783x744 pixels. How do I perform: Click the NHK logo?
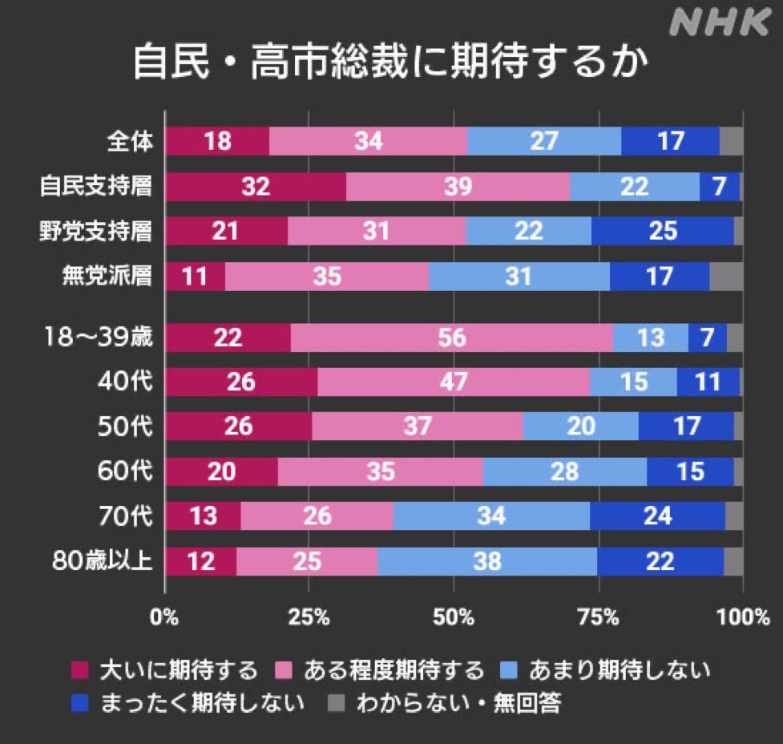(x=718, y=23)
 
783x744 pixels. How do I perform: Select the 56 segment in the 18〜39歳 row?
(x=451, y=338)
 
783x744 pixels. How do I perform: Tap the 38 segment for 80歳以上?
(x=486, y=561)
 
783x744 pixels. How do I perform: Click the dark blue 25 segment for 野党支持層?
(x=662, y=231)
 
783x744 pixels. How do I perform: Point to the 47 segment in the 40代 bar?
(x=453, y=382)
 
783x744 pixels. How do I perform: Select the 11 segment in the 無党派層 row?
(x=195, y=276)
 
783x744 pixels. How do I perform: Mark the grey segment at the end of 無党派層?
(x=726, y=276)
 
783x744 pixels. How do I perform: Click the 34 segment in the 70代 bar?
(x=491, y=516)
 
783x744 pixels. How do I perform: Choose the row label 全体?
(x=129, y=142)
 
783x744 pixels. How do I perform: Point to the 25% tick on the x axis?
(x=309, y=617)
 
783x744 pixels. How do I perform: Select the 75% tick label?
(x=598, y=617)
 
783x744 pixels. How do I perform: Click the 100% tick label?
(x=743, y=617)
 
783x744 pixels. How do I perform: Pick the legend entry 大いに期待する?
(x=177, y=669)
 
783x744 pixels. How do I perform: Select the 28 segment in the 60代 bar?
(x=564, y=471)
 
